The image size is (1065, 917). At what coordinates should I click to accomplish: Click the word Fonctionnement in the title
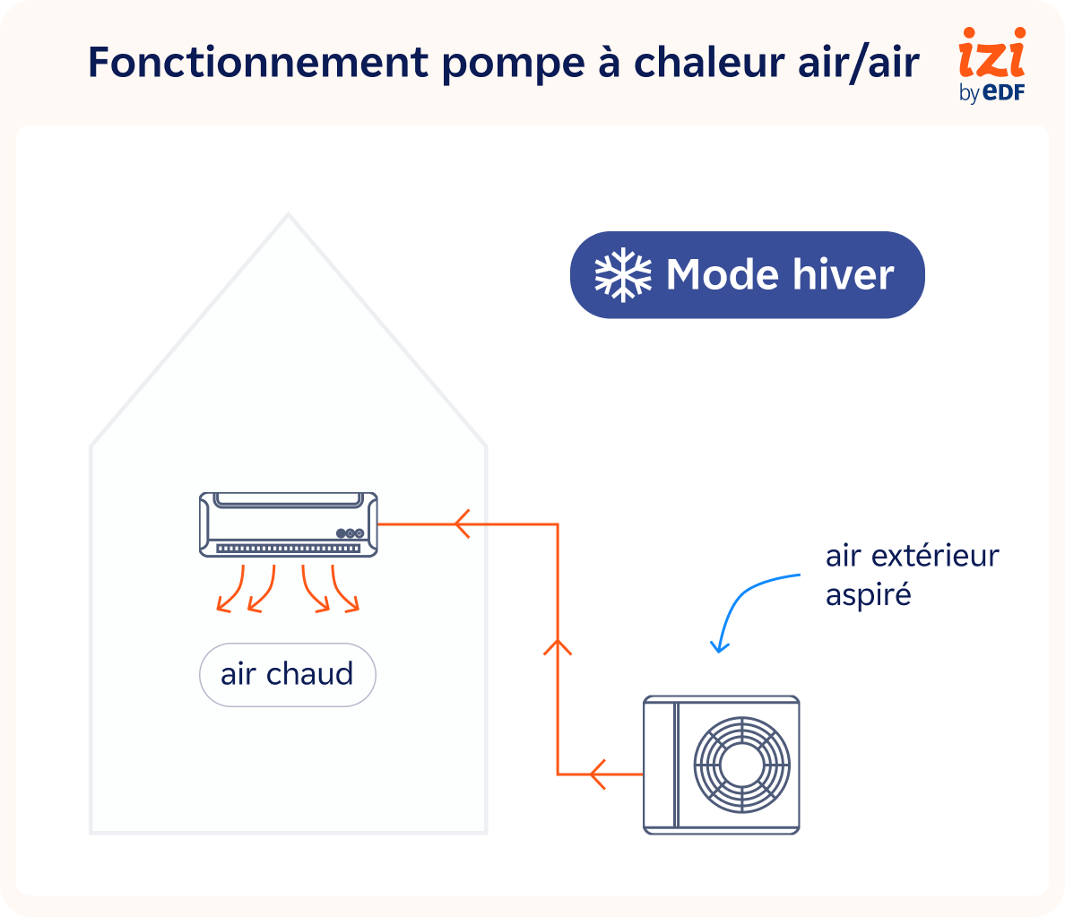258,63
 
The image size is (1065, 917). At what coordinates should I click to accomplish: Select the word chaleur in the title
709,63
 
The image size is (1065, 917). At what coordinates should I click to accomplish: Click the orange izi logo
991,55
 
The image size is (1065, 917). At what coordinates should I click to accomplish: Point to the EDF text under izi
1003,92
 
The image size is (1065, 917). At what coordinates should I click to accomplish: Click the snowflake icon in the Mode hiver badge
623,274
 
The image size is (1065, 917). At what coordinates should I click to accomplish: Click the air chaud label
287,674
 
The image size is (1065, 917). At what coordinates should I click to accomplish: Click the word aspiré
868,594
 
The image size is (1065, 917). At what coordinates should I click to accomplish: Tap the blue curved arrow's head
717,647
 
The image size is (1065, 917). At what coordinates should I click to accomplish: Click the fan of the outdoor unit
742,765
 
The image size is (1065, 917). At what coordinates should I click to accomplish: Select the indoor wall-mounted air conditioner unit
288,524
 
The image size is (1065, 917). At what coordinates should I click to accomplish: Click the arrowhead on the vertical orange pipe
558,645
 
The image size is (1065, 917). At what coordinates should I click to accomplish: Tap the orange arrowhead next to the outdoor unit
598,774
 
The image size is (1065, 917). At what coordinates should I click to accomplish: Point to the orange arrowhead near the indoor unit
463,523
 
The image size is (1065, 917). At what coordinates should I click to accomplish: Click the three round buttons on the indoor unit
351,532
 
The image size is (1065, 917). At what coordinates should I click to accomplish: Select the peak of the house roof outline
288,214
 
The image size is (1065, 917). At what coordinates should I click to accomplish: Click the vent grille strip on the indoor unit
288,548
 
